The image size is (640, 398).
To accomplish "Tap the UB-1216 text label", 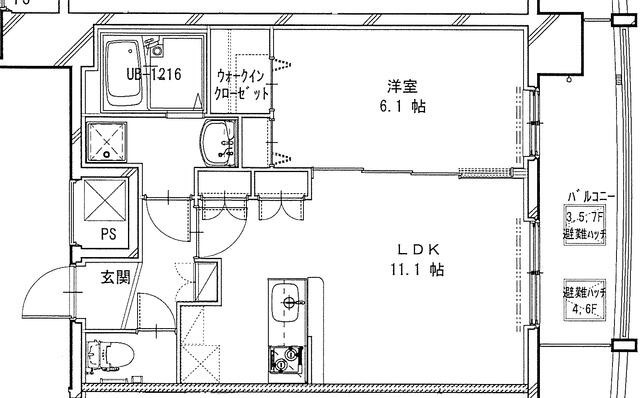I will pyautogui.click(x=152, y=75).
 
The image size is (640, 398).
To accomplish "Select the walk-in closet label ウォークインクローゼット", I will pyautogui.click(x=242, y=85).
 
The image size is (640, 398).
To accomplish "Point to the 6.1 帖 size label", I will pyautogui.click(x=402, y=104).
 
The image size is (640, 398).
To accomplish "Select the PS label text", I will pyautogui.click(x=107, y=236).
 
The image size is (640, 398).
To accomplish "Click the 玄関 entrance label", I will pyautogui.click(x=113, y=277).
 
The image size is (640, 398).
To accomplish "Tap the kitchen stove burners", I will pyautogui.click(x=288, y=359).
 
